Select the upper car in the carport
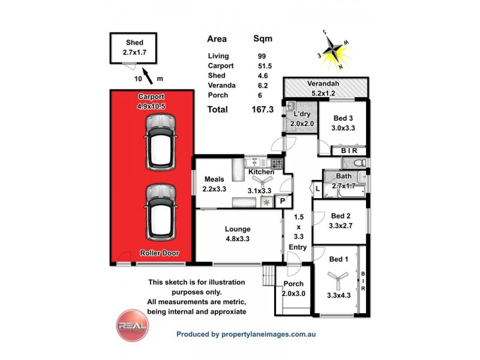pyautogui.click(x=160, y=142)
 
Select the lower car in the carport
pyautogui.click(x=160, y=211)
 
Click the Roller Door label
pyautogui.click(x=159, y=253)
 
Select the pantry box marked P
pyautogui.click(x=282, y=202)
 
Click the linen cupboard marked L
pyautogui.click(x=317, y=189)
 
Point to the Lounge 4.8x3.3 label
pyautogui.click(x=238, y=233)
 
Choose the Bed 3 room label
pyautogui.click(x=343, y=122)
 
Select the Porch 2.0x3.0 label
pyautogui.click(x=293, y=288)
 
